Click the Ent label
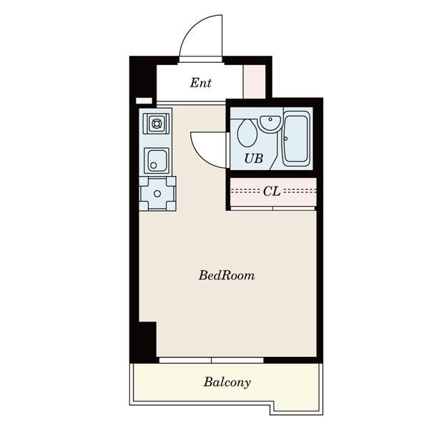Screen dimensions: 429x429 pos(200,83)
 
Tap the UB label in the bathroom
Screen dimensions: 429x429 pos(254,159)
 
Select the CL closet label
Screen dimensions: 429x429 pos(272,191)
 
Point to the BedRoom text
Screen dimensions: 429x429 pos(227,275)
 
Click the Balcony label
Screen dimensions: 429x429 pos(227,382)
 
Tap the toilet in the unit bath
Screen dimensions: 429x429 pos(247,133)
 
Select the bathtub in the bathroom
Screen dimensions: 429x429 pos(297,139)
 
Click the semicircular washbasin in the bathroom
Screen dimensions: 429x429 pos(270,123)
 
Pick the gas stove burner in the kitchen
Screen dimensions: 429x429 pos(157,124)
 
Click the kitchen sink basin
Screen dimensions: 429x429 pos(157,161)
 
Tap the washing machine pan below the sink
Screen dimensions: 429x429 pos(157,194)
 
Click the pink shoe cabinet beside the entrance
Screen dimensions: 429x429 pos(255,82)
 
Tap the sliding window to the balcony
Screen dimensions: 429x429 pos(211,360)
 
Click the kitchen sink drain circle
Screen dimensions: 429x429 pos(154,165)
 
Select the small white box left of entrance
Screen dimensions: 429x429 pos(144,101)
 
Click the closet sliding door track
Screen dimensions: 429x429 pos(273,209)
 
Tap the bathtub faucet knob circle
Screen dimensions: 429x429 pos(285,139)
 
